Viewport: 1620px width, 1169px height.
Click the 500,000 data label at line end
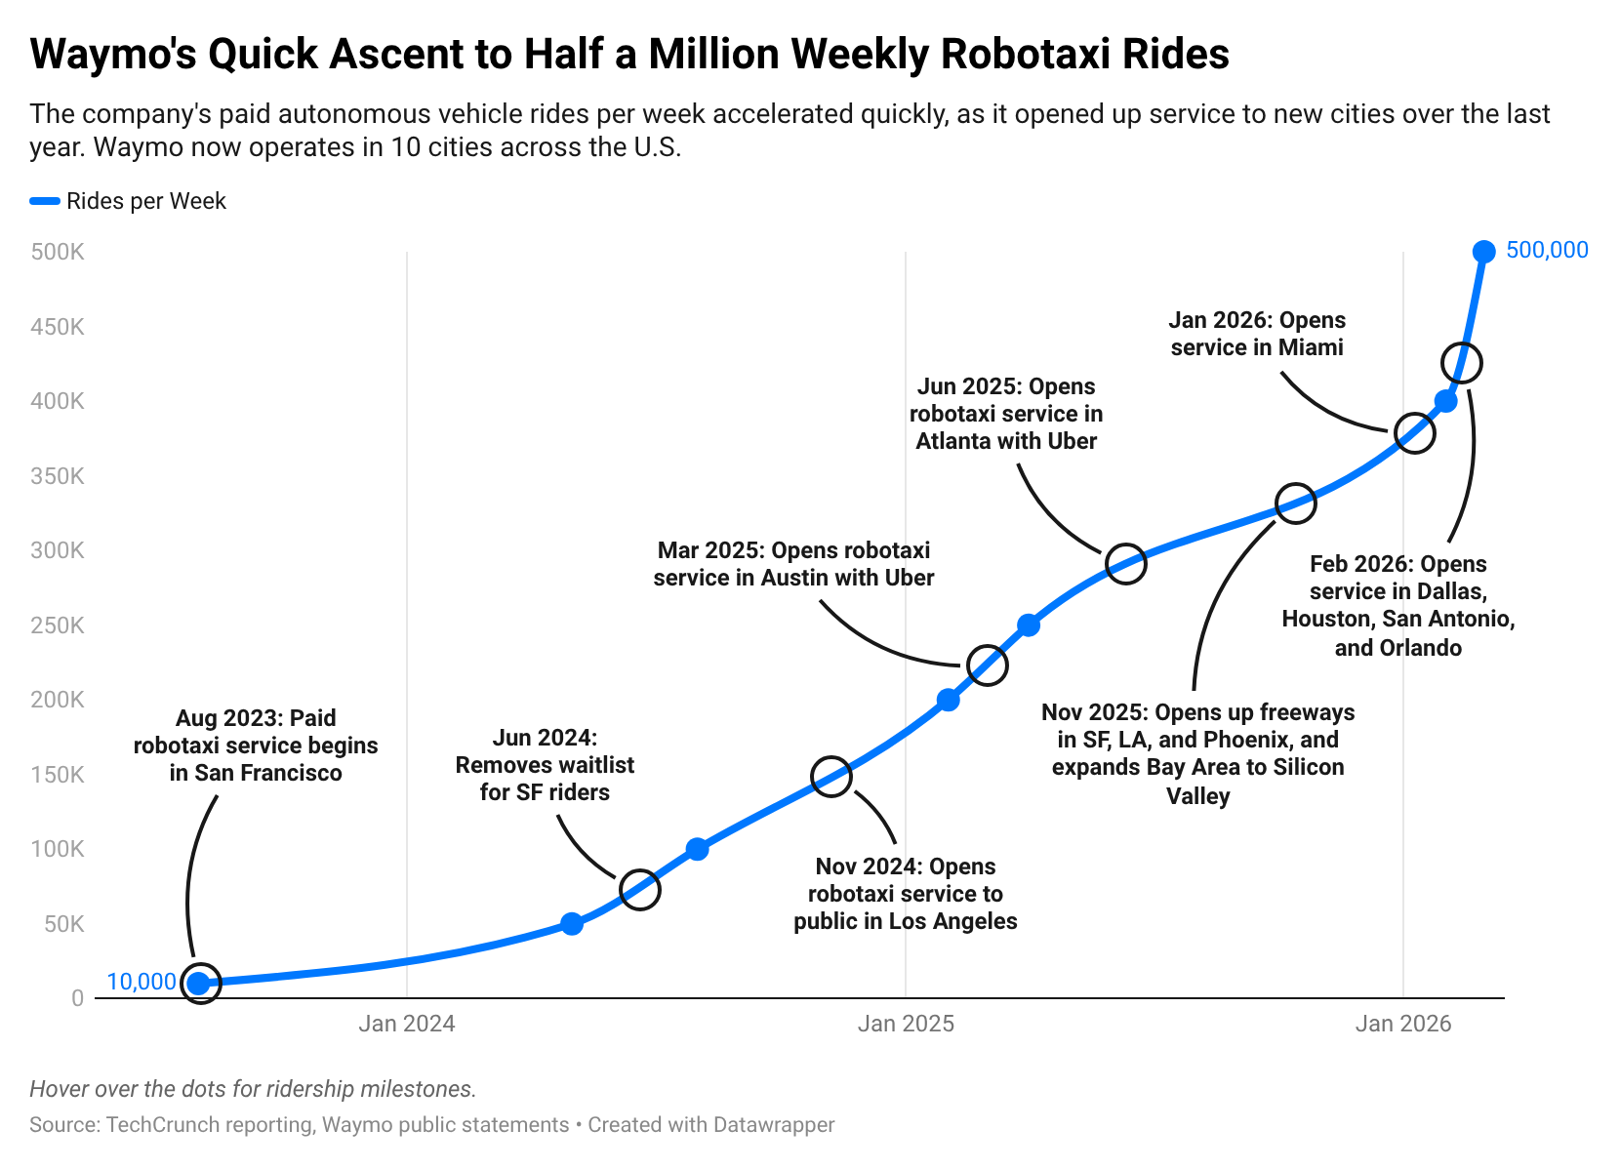coord(1547,251)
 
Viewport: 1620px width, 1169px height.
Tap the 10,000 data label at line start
coord(142,982)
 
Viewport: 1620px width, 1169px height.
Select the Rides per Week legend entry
coord(145,201)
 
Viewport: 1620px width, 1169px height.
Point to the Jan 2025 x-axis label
coord(906,1024)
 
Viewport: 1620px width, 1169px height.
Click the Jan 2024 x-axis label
coord(407,1024)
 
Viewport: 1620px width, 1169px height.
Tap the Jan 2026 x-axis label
coord(1403,1024)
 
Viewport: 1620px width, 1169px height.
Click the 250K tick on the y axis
coord(58,625)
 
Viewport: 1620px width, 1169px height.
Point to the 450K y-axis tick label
coord(58,327)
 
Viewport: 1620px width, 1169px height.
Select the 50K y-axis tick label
coord(63,924)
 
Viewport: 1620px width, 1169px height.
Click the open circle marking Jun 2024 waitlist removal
coord(640,889)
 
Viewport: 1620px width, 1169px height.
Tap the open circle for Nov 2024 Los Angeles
coord(831,777)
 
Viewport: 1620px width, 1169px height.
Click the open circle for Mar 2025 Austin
coord(987,665)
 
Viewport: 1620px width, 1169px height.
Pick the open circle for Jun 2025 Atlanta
coord(1125,564)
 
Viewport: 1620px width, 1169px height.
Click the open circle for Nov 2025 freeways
coord(1296,504)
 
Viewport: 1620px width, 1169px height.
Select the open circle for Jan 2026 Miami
coord(1414,432)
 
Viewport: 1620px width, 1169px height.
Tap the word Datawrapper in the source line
coord(773,1125)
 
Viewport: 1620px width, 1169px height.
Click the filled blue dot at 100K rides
coord(697,849)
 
